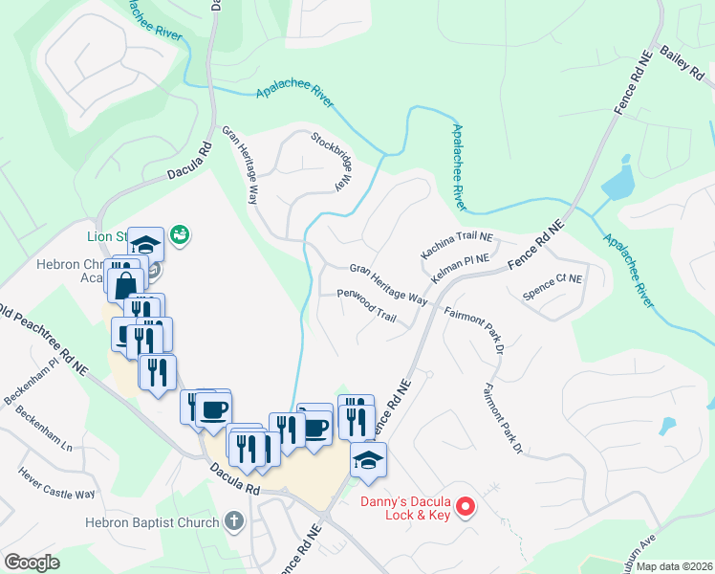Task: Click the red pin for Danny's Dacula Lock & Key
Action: (466, 506)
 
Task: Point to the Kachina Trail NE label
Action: (457, 248)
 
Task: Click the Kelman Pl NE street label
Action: (460, 268)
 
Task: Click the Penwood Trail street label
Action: (366, 306)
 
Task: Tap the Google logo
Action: (32, 563)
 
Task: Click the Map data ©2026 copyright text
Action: (674, 566)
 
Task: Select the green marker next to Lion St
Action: (179, 233)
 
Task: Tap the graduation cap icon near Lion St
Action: (145, 243)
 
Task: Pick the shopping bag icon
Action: (126, 283)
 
